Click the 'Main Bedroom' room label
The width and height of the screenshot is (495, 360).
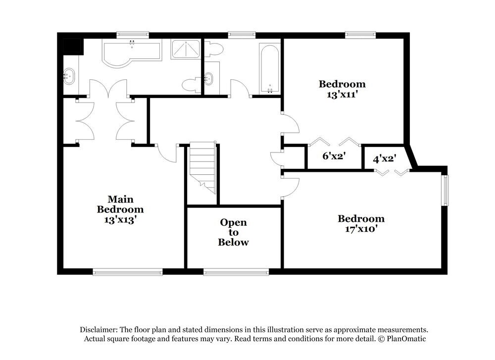tap(120, 204)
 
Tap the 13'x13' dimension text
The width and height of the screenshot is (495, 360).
tap(120, 219)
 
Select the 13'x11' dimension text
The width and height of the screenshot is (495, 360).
tap(342, 94)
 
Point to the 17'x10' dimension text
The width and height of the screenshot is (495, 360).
tap(361, 229)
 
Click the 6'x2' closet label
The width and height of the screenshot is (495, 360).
tap(334, 155)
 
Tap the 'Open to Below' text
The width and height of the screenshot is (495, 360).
tap(234, 232)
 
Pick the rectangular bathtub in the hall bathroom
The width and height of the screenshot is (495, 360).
tap(270, 68)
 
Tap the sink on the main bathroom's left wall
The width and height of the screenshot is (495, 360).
tap(70, 76)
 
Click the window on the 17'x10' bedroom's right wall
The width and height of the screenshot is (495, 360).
tap(445, 190)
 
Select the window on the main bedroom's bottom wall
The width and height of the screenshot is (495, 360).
tap(128, 271)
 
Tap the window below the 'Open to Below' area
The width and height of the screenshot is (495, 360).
tap(236, 271)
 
